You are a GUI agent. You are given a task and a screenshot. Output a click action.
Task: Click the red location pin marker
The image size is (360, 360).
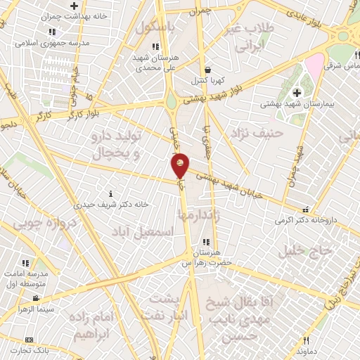point(181,165)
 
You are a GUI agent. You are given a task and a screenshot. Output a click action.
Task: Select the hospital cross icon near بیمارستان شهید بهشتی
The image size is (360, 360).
point(296,92)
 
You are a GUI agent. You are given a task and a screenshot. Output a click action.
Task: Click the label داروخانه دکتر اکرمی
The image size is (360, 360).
point(306,220)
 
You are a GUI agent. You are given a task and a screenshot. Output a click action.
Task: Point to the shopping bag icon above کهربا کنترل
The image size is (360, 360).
point(208,70)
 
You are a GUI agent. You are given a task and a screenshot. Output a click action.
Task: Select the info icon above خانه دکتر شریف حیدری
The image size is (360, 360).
point(108,193)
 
